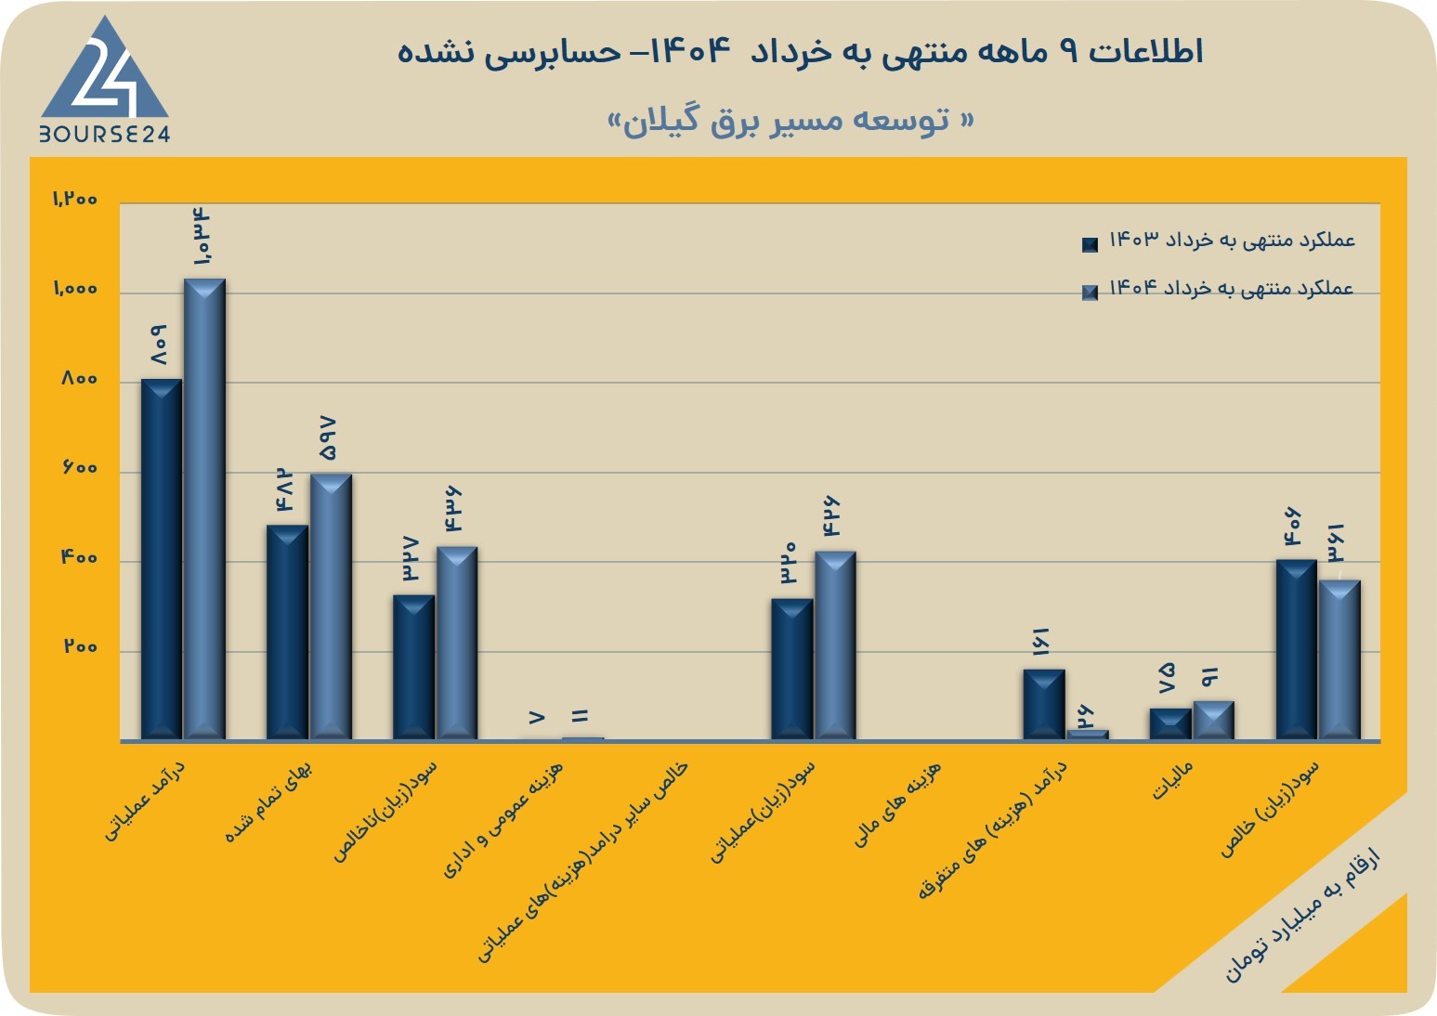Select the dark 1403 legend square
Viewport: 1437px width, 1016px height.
coord(1090,244)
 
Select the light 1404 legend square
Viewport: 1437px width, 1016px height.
coord(1090,293)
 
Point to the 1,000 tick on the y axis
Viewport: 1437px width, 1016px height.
coord(75,289)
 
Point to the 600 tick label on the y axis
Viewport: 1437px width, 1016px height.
coord(80,468)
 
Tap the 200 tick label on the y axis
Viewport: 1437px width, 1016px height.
coord(80,646)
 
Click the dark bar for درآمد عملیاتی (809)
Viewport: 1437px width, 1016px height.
coord(162,559)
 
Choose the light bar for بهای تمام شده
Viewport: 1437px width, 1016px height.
coord(331,606)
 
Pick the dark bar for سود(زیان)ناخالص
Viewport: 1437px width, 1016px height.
coord(413,668)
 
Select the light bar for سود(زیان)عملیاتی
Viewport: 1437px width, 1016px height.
coord(835,645)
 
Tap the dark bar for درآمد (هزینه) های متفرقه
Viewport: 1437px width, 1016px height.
coord(1044,705)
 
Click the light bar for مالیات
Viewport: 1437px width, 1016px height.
coord(1214,721)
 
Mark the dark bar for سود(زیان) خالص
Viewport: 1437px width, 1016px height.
coord(1297,650)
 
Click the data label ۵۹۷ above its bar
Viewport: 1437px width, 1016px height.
coord(327,438)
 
